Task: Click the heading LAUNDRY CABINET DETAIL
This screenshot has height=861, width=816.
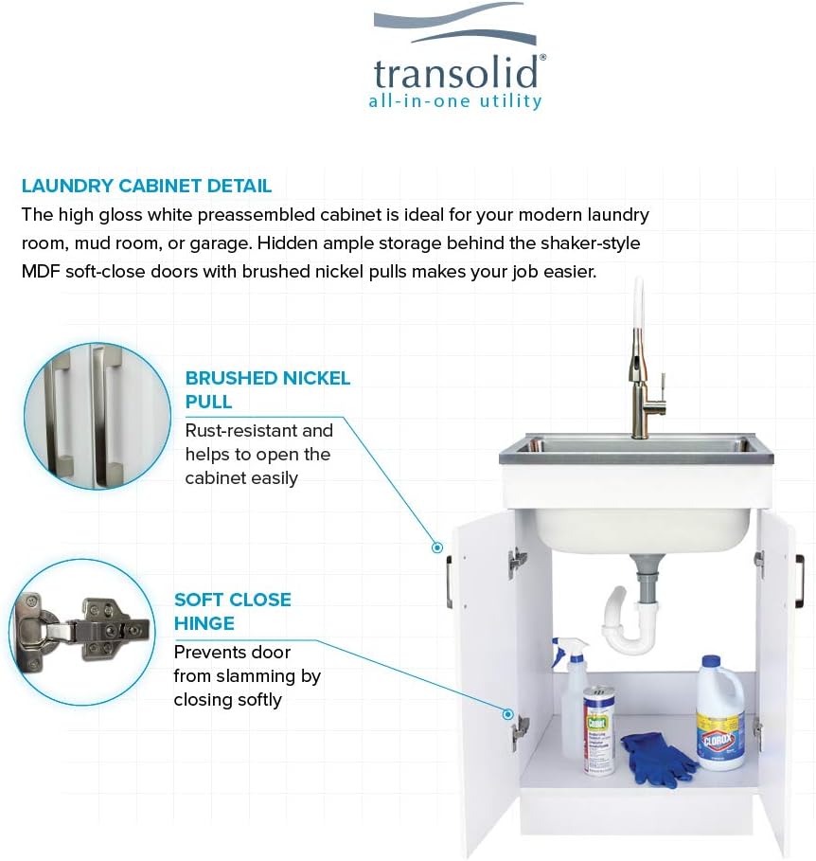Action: [147, 186]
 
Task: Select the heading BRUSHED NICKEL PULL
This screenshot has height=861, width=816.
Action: [267, 389]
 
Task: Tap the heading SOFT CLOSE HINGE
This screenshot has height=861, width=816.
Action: [232, 611]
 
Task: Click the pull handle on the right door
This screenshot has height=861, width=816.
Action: [799, 581]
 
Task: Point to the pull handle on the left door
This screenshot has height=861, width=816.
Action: [450, 581]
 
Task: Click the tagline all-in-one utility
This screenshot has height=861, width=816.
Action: [454, 101]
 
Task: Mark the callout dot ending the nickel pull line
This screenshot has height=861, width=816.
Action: [437, 547]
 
